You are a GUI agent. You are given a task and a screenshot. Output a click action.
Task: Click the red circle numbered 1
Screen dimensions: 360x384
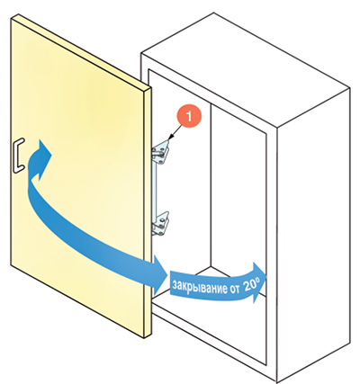189,116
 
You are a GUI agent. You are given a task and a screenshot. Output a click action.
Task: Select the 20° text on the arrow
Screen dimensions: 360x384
251,285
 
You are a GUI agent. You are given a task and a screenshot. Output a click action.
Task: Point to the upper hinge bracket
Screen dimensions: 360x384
161,153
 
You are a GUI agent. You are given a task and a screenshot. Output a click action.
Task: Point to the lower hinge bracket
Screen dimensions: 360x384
161,223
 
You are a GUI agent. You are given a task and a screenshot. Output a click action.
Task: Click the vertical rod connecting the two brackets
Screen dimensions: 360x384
155,188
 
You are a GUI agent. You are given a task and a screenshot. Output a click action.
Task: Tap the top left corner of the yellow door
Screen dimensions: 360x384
11,18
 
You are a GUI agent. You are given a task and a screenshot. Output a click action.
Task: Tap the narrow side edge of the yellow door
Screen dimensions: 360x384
147,213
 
